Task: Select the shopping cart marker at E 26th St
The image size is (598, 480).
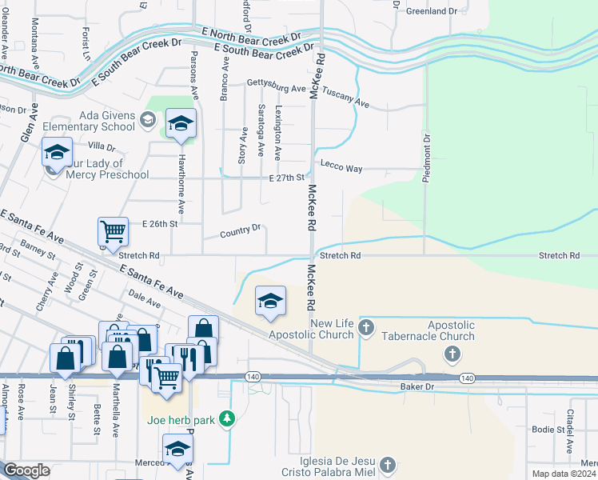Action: pos(114,232)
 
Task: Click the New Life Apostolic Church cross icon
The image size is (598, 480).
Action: pos(366,326)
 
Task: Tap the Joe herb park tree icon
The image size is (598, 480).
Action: pos(228,418)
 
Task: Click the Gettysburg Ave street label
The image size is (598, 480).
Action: pos(277,84)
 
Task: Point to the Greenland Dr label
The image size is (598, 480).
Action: pos(431,11)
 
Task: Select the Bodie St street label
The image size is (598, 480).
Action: pos(548,430)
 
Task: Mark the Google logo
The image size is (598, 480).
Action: pos(26,470)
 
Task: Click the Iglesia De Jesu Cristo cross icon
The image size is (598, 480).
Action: pos(387,465)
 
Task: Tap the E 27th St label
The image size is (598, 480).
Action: pos(287,178)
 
